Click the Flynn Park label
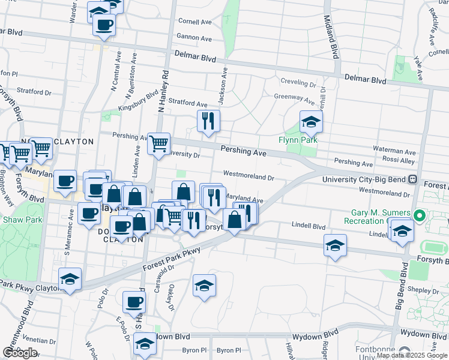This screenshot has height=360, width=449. click(x=297, y=140)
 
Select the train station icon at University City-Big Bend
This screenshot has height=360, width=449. click(x=413, y=179)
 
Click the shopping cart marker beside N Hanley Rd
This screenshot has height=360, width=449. click(x=158, y=144)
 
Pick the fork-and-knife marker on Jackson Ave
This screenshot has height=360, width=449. click(x=208, y=121)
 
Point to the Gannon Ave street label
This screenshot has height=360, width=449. click(x=195, y=38)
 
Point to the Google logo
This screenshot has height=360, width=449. click(x=20, y=352)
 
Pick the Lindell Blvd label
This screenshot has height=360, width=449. click(x=308, y=227)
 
